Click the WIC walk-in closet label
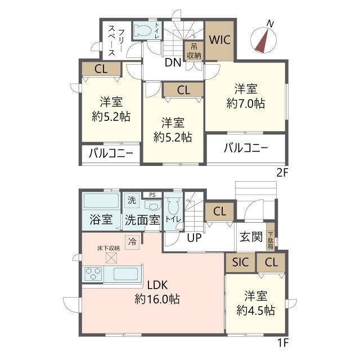tap(220, 40)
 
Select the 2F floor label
tap(282, 173)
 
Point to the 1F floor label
tap(282, 343)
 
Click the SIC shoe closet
tap(240, 262)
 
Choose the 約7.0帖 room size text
tap(246, 103)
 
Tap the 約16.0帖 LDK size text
tap(157, 299)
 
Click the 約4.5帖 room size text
tap(256, 310)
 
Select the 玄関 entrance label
tap(251, 237)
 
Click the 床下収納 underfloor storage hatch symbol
tap(111, 258)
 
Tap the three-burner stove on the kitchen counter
tap(93, 274)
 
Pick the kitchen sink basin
tap(126, 274)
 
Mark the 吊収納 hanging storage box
tap(193, 51)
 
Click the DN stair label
tap(173, 62)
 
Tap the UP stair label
tap(194, 238)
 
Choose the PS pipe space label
tap(152, 195)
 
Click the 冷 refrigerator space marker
tap(132, 242)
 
